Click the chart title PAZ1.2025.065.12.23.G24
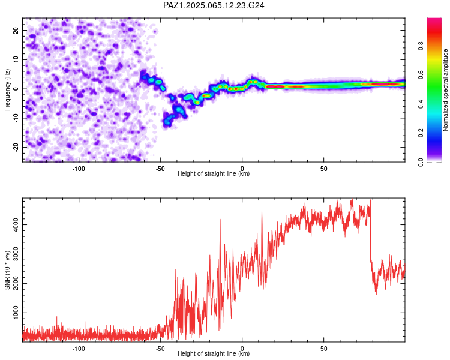(x=214, y=5)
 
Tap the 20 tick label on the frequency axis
(x=16, y=30)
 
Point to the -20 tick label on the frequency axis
(x=16, y=147)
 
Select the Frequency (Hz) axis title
(x=7, y=89)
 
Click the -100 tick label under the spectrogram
(x=79, y=169)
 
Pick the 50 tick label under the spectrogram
(x=324, y=169)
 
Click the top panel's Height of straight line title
(x=214, y=173)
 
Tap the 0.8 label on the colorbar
(x=421, y=46)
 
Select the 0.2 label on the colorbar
(x=421, y=133)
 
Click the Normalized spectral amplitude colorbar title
(x=445, y=90)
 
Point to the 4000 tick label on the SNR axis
(x=16, y=225)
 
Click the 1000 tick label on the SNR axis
(x=16, y=313)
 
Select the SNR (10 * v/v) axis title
(x=7, y=270)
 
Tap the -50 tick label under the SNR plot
(x=160, y=349)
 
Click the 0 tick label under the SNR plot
(x=242, y=349)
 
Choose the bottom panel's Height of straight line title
(x=214, y=353)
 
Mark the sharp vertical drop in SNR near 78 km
(x=371, y=230)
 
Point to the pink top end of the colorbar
(x=434, y=20)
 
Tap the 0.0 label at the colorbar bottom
(x=421, y=163)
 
